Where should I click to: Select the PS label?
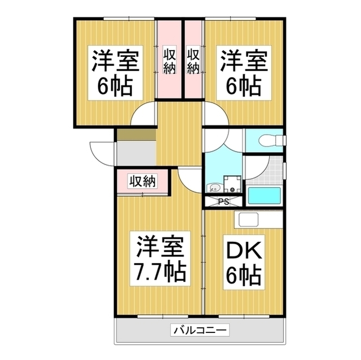[x=223, y=201]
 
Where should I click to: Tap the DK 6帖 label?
[x=244, y=264]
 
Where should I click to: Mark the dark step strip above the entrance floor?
[x=135, y=135]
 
